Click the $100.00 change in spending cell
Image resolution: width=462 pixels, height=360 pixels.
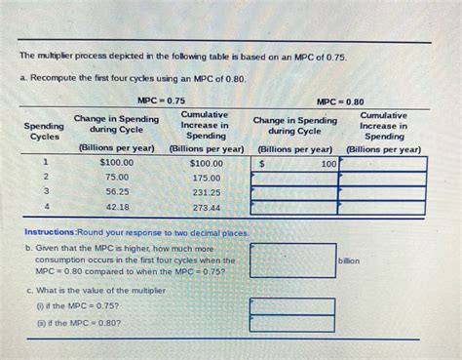tap(116, 163)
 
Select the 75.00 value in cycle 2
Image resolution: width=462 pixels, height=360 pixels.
tap(117, 178)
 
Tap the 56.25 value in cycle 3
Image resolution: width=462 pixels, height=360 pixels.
tap(117, 192)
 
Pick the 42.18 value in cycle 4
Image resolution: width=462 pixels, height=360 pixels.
tap(117, 207)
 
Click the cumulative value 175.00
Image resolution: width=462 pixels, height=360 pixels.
tap(206, 178)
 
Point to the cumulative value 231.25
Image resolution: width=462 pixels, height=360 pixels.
tap(206, 192)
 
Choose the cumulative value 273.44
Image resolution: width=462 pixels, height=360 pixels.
tap(206, 207)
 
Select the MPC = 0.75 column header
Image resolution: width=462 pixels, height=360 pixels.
tap(161, 100)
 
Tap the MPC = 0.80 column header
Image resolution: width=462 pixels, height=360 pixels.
tap(340, 100)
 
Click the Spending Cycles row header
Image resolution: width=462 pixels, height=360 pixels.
tap(44, 133)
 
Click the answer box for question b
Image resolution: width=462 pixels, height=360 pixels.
tap(292, 260)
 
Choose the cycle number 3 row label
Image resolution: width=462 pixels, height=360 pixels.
tap(44, 192)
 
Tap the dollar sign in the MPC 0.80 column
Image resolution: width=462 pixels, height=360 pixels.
tap(262, 164)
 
